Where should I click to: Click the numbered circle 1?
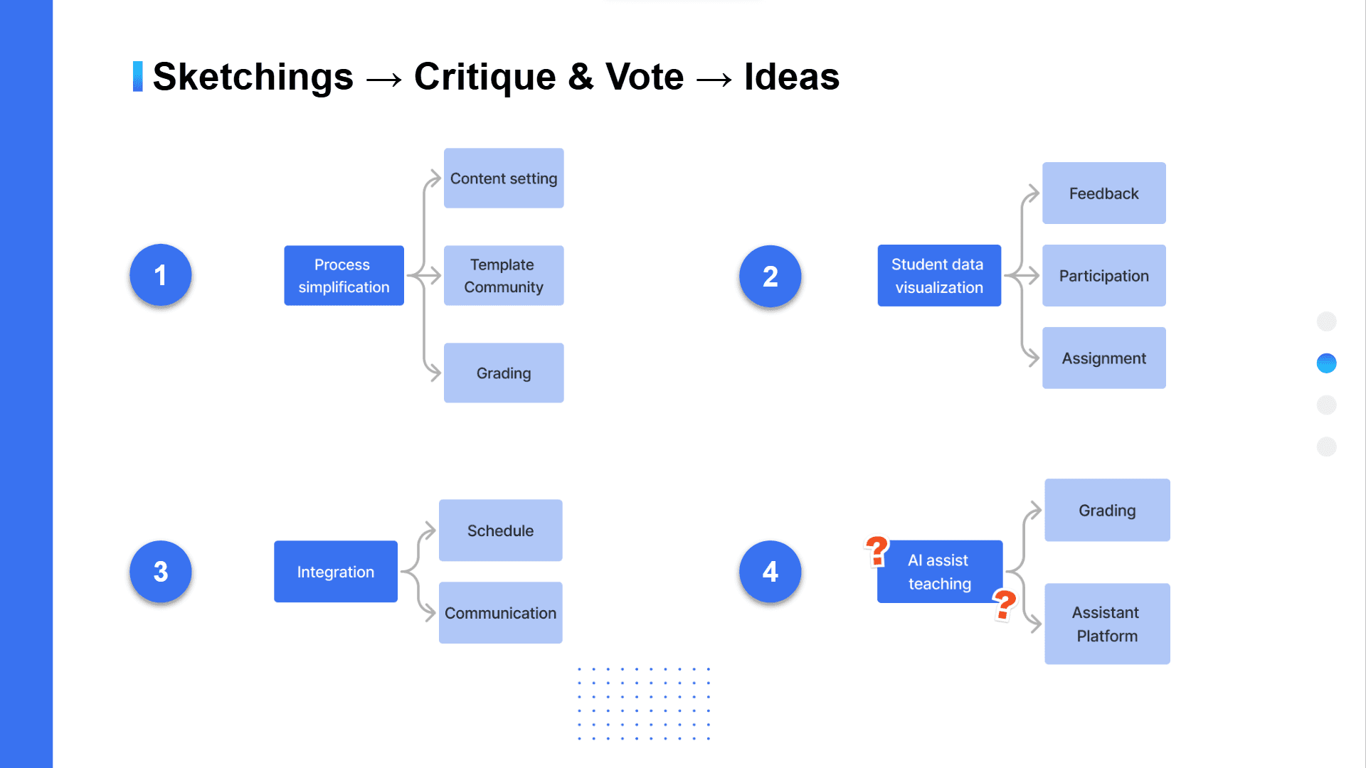[x=161, y=275]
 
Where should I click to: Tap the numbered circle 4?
[x=770, y=572]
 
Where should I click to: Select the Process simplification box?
[x=344, y=276]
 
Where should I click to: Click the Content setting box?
[x=504, y=178]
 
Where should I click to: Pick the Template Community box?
[x=504, y=276]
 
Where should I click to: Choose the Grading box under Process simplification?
[x=504, y=373]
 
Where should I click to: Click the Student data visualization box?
[x=939, y=276]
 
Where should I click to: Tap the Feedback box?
[x=1103, y=193]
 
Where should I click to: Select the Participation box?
[x=1103, y=276]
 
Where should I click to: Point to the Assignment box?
[x=1103, y=358]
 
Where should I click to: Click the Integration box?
[x=336, y=572]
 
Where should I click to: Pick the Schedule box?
[x=500, y=530]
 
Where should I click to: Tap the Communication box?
[x=500, y=613]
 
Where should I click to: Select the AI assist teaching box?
[x=939, y=572]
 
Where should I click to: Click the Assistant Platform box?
[x=1107, y=624]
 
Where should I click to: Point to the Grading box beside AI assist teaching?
[x=1107, y=511]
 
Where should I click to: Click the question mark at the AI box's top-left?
[x=877, y=551]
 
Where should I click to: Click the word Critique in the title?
[x=485, y=77]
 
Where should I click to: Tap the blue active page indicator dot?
[x=1326, y=363]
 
